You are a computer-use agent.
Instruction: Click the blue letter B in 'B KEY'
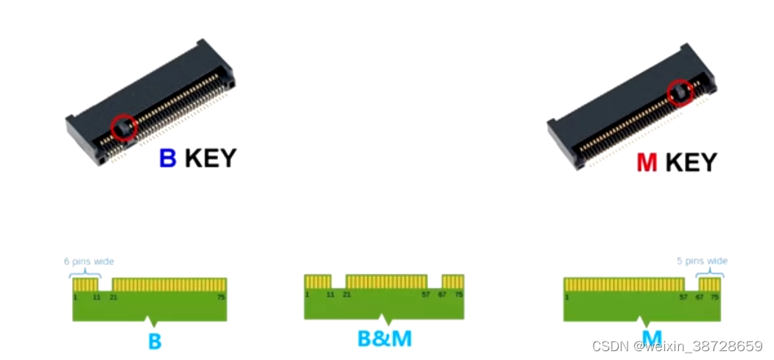[x=168, y=158]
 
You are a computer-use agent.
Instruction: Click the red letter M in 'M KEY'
[x=647, y=162]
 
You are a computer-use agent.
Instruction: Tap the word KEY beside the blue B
[x=210, y=158]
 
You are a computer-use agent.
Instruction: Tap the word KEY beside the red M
[x=691, y=162]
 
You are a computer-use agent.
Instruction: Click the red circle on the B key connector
[x=124, y=127]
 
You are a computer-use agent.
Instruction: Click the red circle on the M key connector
[x=680, y=93]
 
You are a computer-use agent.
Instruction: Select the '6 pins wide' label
[x=88, y=261]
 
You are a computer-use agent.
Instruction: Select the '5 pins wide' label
[x=702, y=261]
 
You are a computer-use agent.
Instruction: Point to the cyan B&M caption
[x=384, y=339]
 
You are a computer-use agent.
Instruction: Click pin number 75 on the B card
[x=221, y=297]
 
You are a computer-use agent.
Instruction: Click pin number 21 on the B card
[x=114, y=297]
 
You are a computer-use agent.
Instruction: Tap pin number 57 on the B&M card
[x=425, y=294]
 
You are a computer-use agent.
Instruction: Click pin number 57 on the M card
[x=683, y=297]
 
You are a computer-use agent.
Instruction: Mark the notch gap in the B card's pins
[x=105, y=284]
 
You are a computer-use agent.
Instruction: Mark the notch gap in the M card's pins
[x=692, y=284]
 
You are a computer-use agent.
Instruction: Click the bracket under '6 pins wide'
[x=85, y=273]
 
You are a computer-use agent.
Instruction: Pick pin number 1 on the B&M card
[x=307, y=294]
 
